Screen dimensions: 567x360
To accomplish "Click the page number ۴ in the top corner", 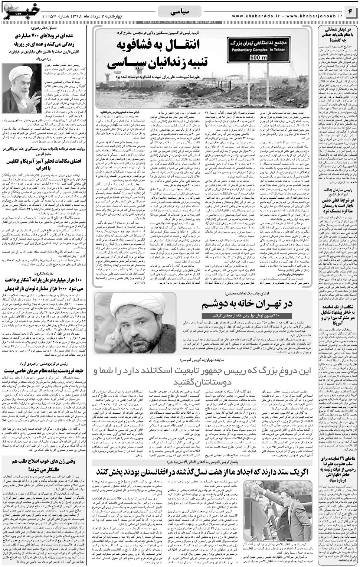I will (x=350, y=12).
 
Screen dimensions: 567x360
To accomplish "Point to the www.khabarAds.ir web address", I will (x=256, y=16).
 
